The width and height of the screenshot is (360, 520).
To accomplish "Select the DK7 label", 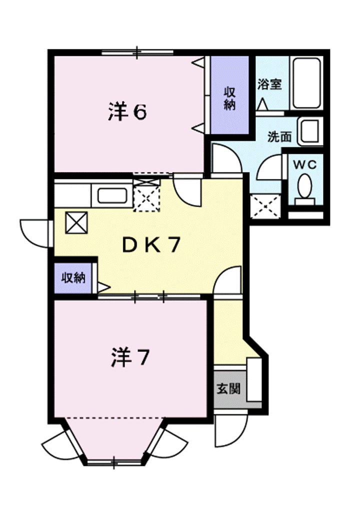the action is coord(151,245).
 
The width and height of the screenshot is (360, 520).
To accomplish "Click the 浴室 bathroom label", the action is coord(270,84).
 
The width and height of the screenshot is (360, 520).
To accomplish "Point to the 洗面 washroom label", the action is coord(279,136).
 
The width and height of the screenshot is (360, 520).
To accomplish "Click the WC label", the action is coord(304,165).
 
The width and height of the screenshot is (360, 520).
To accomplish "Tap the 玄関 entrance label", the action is coord(228,388).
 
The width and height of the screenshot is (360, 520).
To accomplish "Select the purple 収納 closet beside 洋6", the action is coord(229,95).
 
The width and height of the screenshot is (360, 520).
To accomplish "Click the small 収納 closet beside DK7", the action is coord(73,278).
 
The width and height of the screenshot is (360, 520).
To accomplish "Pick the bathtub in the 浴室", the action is coord(306,83).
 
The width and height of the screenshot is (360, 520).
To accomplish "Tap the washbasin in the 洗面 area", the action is coord(310,131).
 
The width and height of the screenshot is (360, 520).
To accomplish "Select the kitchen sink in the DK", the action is coord(112,196).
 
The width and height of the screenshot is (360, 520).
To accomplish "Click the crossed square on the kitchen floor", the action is coord(76,222).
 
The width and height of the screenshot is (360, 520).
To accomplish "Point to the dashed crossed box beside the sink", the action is coord(146,198).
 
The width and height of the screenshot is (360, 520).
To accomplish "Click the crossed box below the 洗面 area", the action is coord(265,206).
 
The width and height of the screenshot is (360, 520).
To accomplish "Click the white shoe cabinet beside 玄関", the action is coord(254,379).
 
